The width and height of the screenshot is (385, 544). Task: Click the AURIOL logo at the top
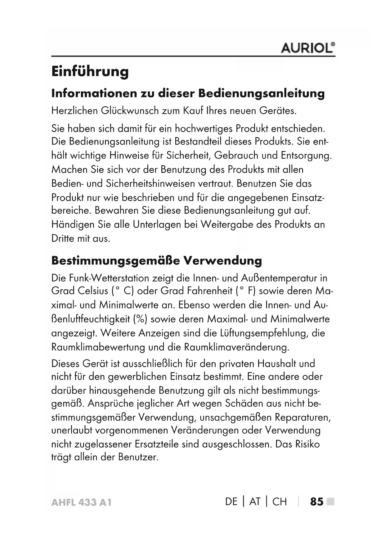[x=307, y=48]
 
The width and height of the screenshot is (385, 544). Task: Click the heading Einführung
[x=90, y=71]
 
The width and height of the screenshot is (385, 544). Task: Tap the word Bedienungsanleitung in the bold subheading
[x=262, y=93]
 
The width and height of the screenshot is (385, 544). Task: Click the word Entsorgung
[x=306, y=155]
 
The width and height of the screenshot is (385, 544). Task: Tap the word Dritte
[x=63, y=239]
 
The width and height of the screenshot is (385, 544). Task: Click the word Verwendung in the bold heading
[x=223, y=261]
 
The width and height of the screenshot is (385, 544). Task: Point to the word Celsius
[x=93, y=291]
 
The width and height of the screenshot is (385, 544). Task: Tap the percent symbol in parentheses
[x=140, y=319]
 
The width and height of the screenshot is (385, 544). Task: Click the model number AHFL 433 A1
[x=81, y=502]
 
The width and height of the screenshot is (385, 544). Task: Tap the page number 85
[x=317, y=502]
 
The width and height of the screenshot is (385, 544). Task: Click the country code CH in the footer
[x=280, y=502]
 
